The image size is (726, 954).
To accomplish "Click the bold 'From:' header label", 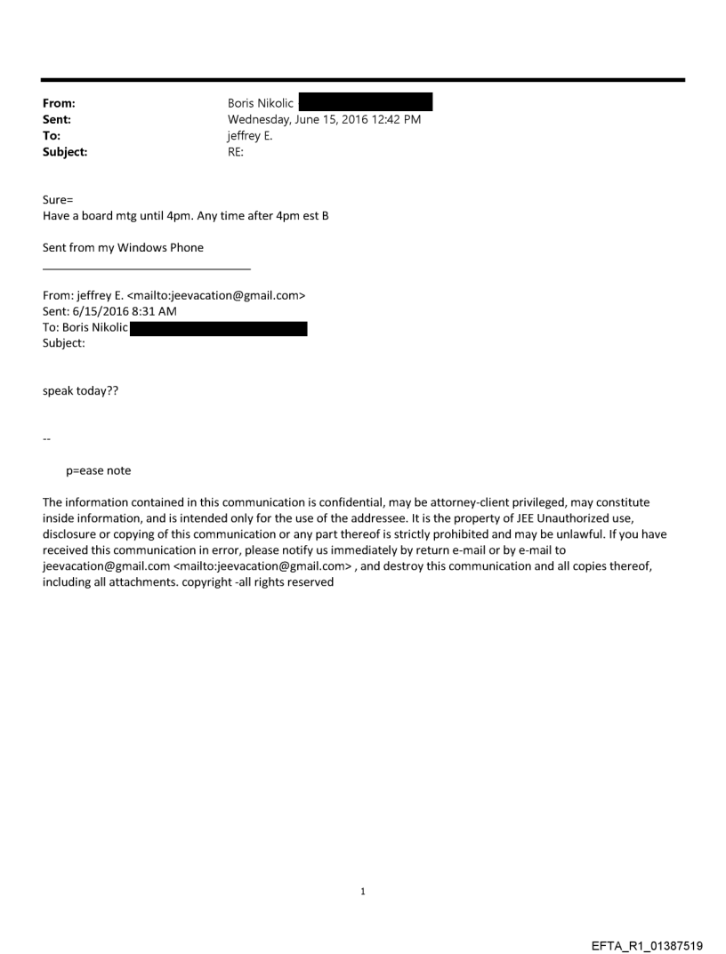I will tap(58, 103).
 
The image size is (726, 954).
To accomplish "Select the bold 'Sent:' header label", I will tap(57, 119).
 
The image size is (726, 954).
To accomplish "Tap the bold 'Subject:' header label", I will tap(65, 152).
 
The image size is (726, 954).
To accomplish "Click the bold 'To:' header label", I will tap(52, 135).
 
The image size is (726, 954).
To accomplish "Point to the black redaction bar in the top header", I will tap(366, 102).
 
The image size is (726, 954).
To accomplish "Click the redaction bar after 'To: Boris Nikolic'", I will tap(219, 328).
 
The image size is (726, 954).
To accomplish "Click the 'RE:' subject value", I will tap(237, 152).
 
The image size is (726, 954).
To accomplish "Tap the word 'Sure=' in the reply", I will tap(58, 200).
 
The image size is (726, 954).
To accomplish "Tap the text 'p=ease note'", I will tap(99, 470).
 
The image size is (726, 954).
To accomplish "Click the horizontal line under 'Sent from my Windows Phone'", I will tap(147, 269).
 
